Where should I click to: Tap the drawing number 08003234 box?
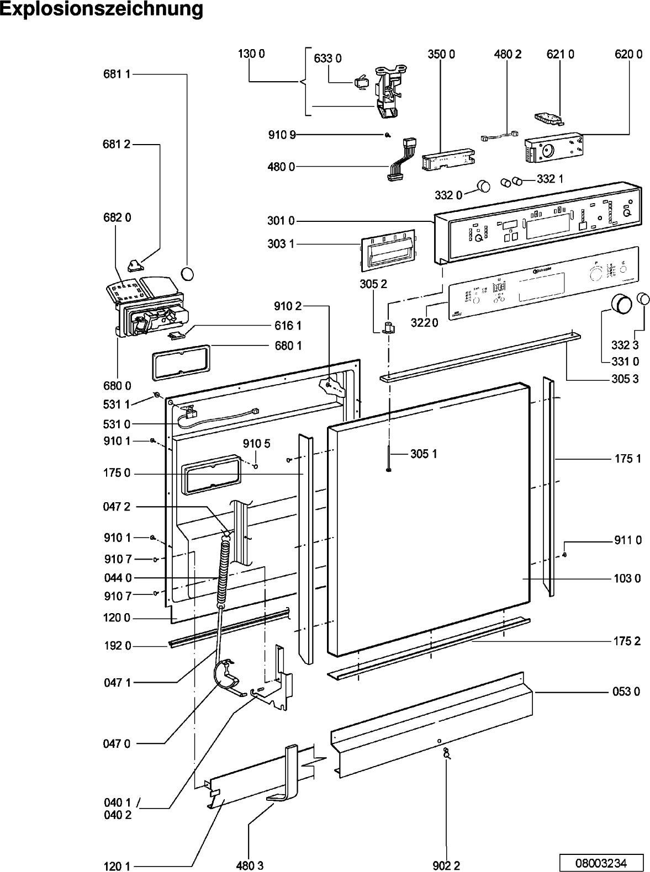point(601,862)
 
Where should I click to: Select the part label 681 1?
point(117,75)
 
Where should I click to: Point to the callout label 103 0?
point(628,578)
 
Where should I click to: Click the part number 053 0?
point(627,692)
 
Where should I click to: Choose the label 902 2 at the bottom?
point(446,866)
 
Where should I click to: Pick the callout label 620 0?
point(628,54)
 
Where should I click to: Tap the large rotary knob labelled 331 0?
point(621,304)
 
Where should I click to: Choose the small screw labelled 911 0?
point(564,554)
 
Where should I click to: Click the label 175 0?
point(117,473)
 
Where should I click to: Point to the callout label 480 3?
point(246,866)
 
